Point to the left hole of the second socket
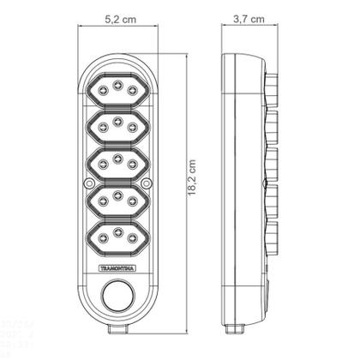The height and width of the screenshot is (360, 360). pyautogui.click(x=99, y=126)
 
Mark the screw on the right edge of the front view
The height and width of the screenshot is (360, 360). pyautogui.click(x=146, y=183)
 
